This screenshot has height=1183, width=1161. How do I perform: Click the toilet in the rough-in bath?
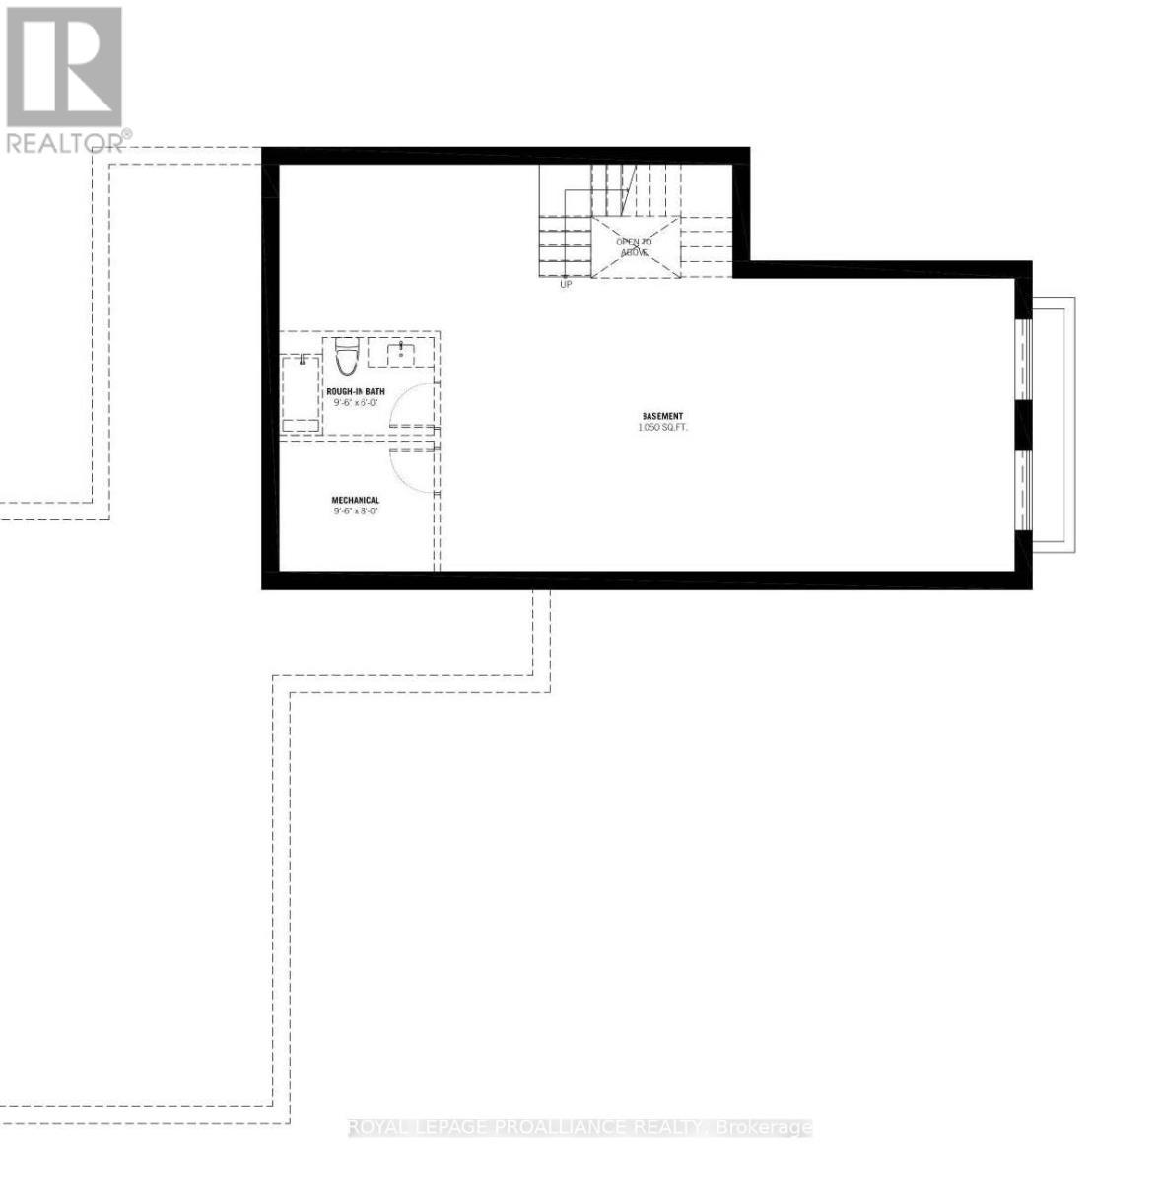[345, 359]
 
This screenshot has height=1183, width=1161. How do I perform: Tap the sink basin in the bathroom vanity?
[401, 352]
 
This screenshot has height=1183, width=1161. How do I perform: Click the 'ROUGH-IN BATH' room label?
[356, 391]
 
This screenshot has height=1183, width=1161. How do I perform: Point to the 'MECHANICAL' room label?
[355, 501]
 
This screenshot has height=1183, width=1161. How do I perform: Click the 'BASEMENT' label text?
[661, 416]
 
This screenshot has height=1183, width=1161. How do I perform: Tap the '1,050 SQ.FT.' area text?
[661, 428]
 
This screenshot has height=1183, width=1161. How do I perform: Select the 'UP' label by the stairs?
[565, 284]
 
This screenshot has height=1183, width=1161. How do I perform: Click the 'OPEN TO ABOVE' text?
[634, 246]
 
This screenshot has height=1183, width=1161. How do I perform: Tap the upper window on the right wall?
[1024, 359]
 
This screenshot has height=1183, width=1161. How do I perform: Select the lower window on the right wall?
[1024, 490]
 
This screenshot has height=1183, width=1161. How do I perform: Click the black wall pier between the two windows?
[1024, 425]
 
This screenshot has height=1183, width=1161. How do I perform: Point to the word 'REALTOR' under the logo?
[65, 143]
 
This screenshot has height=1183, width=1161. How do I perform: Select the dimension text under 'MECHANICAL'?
[355, 512]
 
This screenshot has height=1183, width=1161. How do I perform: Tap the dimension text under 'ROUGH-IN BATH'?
[356, 402]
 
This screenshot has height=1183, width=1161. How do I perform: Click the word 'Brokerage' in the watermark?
[766, 1127]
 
